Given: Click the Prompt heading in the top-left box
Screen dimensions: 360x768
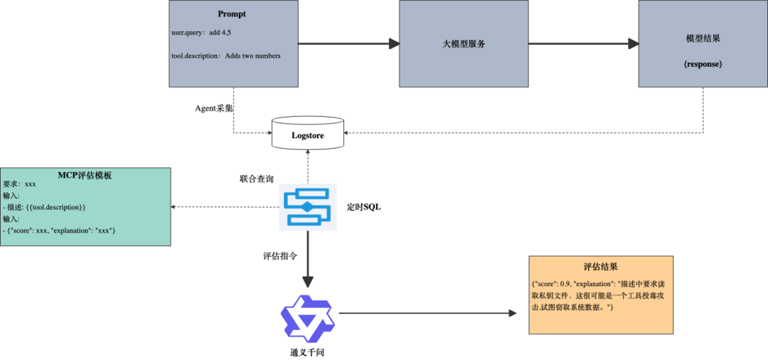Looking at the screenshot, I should coord(232,14).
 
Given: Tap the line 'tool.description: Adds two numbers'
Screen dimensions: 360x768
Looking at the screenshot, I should coord(225,56).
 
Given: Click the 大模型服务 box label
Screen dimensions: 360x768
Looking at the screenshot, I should coord(463,44).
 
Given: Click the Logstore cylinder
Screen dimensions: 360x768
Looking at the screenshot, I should coord(307,134).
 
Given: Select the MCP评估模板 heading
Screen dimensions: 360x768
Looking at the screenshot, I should coord(85,176).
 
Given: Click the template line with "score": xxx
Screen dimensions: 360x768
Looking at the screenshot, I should coord(60,231).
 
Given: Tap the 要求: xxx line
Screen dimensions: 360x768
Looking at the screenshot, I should coord(19,184).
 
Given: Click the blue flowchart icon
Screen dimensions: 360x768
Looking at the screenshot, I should coord(307,207).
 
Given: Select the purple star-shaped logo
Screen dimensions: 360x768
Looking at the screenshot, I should coord(307,318).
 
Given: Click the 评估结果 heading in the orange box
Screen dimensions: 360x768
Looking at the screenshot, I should coord(601,268).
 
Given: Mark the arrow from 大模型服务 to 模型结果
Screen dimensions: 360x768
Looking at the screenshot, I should coord(583,45).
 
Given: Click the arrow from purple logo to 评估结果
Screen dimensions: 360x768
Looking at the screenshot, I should coord(427,313).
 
